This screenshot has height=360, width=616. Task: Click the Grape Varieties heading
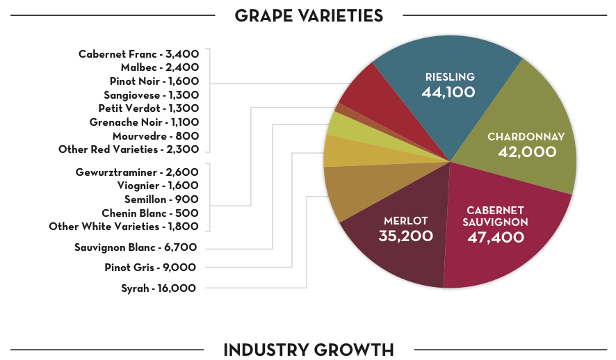pos(309,15)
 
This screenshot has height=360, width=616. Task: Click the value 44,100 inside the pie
pos(448,91)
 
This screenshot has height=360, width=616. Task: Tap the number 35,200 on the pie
pos(405,236)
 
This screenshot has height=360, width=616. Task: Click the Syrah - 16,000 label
pos(159,288)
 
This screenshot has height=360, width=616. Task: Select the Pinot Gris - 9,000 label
pos(150,268)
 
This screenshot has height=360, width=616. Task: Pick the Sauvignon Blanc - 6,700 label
pos(136,247)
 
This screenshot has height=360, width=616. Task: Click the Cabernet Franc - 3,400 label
pos(139,54)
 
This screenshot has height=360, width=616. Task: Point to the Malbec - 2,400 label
pos(160,67)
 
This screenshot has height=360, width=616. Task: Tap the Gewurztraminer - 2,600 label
pos(137,172)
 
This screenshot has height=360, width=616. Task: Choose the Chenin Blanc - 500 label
pos(150,213)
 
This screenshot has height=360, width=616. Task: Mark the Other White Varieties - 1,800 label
pos(124,227)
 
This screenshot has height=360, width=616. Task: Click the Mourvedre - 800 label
pos(156,136)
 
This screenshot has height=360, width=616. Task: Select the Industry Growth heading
pos(309,350)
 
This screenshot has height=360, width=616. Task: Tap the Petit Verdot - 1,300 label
pos(149,108)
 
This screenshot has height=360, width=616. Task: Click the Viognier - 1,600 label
pos(158,186)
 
